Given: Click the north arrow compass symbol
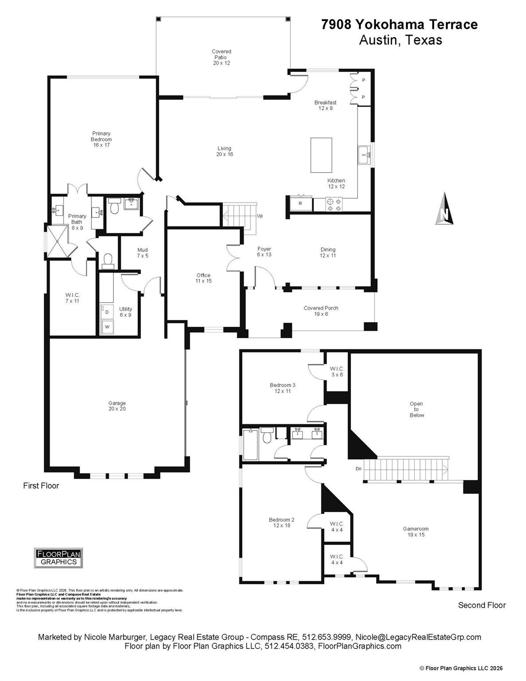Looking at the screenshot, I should coord(444,210).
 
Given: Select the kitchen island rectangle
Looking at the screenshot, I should coord(321,155).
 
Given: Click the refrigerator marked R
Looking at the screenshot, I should coord(301,204).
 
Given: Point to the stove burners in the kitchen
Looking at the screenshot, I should coord(334,204).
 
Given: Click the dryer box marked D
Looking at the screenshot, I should coord(107,312).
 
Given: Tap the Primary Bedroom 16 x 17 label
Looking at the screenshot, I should coord(101,139).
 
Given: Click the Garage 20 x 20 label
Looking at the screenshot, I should coord(117,406).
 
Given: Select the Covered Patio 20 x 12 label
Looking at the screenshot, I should coord(221,57).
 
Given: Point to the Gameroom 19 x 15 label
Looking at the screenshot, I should coord(415,532).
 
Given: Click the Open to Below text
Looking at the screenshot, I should coord(416,410).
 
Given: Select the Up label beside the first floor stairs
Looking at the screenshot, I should coord(260,216).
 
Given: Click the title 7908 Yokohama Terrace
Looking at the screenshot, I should coord(400,25).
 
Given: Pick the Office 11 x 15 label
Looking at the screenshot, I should coord(203,278).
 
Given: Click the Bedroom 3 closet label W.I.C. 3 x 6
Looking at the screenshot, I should coord(337,372).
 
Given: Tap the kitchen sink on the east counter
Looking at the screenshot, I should coord(364,155).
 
